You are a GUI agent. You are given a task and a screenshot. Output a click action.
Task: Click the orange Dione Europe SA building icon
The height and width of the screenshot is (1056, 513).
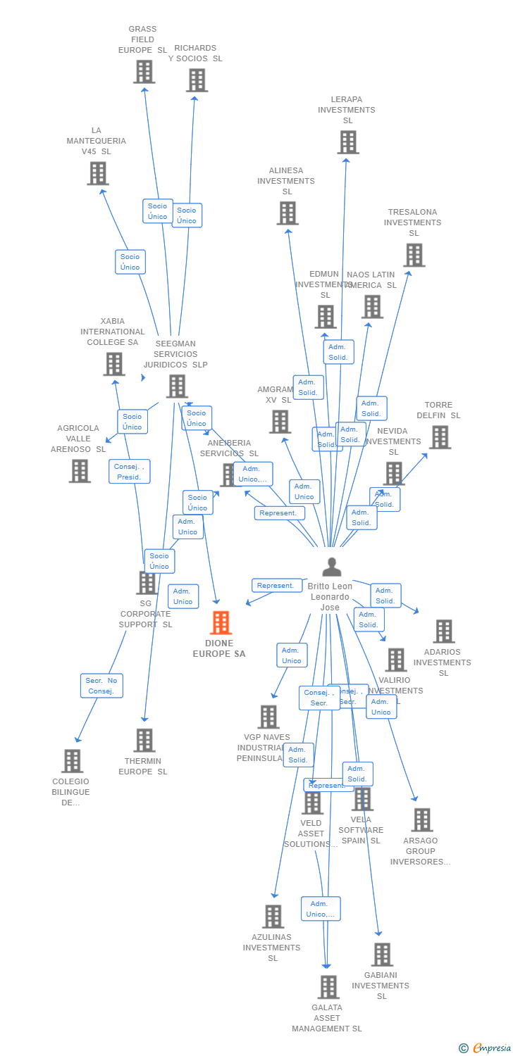221,623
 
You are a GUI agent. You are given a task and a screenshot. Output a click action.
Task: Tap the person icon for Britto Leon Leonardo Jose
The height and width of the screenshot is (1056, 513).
331,567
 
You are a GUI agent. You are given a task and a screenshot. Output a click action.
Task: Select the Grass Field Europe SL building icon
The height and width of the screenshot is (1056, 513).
144,72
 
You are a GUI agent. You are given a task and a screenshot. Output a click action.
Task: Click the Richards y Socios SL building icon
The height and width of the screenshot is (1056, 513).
197,80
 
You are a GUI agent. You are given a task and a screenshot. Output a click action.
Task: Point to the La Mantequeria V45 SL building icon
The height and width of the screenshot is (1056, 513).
97,173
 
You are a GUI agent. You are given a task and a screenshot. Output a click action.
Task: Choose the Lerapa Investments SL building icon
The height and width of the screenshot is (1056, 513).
347,142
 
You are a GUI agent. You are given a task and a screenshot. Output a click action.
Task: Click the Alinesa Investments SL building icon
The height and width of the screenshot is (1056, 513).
287,213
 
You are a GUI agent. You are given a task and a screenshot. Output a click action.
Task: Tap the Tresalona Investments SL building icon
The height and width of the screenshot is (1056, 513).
414,255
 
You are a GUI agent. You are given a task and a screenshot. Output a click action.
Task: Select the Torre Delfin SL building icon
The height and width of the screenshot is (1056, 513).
439,437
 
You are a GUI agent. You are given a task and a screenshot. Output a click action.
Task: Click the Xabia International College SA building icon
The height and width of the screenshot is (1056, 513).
113,364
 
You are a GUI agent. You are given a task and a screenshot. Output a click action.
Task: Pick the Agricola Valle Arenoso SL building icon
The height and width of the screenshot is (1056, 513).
80,471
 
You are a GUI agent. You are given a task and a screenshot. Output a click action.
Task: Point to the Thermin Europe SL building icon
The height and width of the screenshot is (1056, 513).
144,741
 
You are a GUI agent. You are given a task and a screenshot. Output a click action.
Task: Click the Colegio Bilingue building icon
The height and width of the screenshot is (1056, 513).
72,761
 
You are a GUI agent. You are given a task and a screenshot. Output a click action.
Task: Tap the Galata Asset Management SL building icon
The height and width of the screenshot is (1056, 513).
328,987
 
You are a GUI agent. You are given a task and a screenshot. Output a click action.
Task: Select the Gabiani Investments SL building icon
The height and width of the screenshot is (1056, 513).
381,955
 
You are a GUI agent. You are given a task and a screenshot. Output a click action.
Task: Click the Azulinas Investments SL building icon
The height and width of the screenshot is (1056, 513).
273,917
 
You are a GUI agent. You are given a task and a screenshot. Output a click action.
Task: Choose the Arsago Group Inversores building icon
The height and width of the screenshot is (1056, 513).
421,820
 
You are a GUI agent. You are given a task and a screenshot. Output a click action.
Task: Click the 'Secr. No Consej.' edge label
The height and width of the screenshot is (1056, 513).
101,686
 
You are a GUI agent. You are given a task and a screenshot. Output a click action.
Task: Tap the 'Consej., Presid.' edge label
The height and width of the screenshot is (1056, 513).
129,472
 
